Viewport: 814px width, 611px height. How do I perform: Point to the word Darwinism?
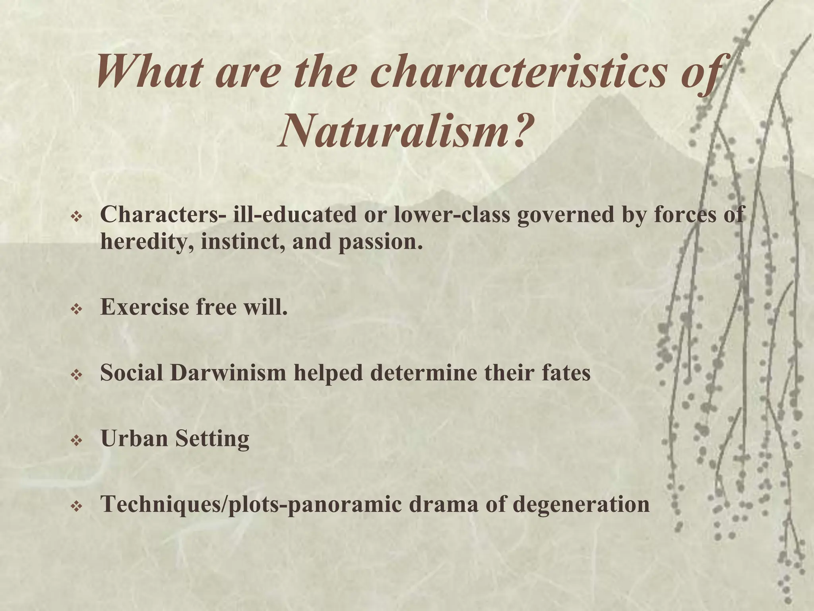pyautogui.click(x=228, y=373)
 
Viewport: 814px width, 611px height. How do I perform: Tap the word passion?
pyautogui.click(x=380, y=241)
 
